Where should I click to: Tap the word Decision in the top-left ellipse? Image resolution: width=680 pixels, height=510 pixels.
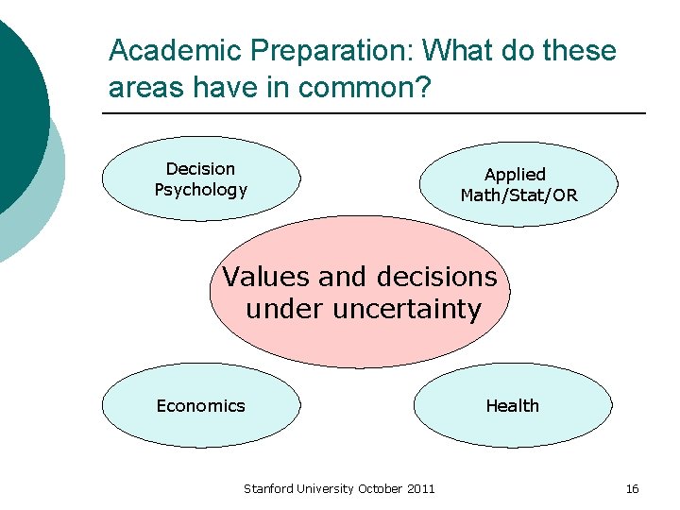coord(200,169)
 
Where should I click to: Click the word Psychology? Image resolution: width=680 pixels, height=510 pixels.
coord(200,190)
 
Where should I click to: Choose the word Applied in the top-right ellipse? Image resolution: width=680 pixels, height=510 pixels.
coord(515,175)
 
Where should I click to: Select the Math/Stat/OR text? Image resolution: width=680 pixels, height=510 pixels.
coord(518,195)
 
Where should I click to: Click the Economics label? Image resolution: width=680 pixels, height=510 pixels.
coord(200,406)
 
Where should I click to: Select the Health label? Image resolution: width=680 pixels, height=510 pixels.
coord(512,406)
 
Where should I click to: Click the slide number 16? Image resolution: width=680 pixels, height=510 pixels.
coord(632,488)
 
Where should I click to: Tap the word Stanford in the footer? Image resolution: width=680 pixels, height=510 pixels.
coord(269,488)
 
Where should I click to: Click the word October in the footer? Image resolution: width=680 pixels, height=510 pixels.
coord(379,488)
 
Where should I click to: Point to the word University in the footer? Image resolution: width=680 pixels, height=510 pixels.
coord(326,488)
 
